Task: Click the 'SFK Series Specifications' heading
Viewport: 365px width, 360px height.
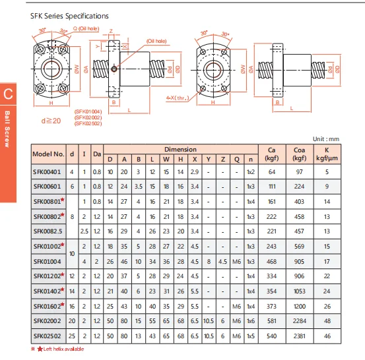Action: (69, 16)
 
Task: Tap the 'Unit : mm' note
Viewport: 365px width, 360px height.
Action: (326, 139)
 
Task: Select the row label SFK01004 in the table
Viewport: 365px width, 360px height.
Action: (48, 262)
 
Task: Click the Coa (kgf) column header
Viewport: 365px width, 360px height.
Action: (300, 154)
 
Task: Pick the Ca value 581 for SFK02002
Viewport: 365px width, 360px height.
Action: (272, 321)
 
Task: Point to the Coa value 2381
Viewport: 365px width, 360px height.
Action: (300, 336)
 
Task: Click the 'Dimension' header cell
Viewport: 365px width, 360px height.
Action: (181, 149)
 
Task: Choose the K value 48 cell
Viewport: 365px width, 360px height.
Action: (327, 321)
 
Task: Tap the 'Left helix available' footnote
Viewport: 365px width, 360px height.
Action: (63, 349)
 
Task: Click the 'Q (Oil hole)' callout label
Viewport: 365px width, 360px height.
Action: (86, 28)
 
